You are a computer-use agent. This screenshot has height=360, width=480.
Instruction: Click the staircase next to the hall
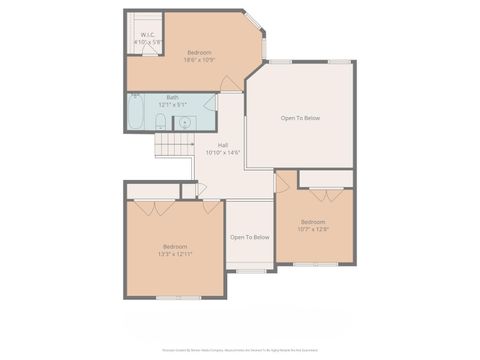[172, 146]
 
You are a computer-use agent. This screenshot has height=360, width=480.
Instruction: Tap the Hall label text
[223, 145]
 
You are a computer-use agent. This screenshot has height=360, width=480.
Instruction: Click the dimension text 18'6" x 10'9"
[200, 60]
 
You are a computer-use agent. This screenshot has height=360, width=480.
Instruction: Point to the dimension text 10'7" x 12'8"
[313, 229]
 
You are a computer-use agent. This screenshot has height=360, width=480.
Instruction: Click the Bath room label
[173, 97]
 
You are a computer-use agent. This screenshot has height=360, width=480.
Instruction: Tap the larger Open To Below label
[300, 118]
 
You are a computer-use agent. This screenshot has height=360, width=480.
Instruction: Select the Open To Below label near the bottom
[250, 237]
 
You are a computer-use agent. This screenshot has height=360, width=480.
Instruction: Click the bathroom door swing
[210, 101]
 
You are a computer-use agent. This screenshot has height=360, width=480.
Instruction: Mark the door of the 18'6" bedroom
[231, 85]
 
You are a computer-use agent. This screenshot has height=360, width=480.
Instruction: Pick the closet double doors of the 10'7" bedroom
[326, 193]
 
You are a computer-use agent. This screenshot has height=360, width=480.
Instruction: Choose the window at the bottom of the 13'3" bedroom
[174, 297]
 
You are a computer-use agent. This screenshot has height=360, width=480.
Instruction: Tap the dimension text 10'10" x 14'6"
[223, 153]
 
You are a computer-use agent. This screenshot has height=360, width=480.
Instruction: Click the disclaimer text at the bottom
[240, 351]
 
